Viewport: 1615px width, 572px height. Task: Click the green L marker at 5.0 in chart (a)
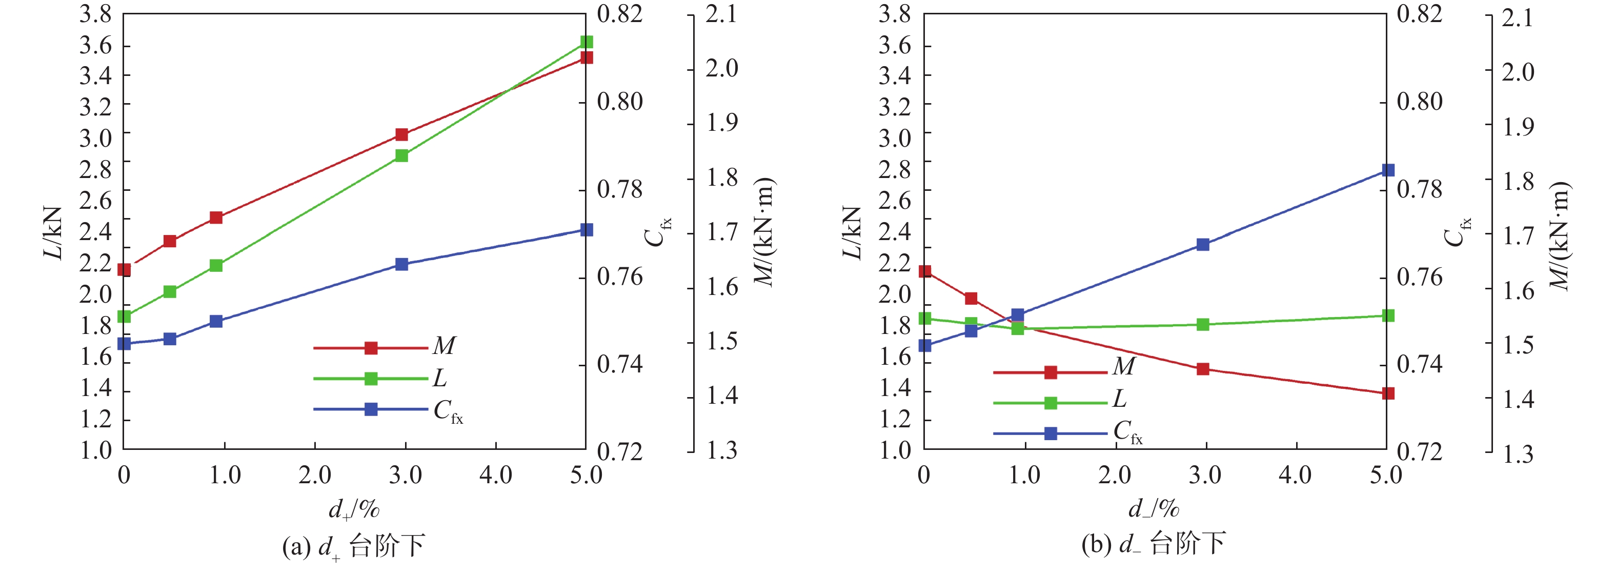coord(586,42)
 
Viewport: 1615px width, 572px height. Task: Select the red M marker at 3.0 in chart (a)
coord(402,135)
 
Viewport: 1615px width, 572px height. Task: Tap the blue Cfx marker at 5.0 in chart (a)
coord(586,230)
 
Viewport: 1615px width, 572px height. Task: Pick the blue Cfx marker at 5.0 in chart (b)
coord(1388,170)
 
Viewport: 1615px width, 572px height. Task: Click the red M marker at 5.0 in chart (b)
coord(1388,393)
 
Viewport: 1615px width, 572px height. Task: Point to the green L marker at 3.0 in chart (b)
coord(1202,324)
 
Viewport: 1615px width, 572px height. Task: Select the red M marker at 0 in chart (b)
coord(925,271)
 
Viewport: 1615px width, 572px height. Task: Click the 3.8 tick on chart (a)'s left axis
coord(95,14)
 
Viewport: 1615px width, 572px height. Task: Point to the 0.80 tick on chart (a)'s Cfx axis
coord(619,102)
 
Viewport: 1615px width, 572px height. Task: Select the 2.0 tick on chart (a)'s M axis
coord(721,68)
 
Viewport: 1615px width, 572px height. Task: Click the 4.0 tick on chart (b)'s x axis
coord(1295,475)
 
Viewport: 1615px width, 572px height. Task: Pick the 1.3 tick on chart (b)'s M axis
coord(1518,453)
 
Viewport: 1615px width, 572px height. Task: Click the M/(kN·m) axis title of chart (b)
coord(1559,235)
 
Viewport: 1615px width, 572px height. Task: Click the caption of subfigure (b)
coord(1153,544)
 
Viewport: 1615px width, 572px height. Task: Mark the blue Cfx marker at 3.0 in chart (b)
coord(1202,245)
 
